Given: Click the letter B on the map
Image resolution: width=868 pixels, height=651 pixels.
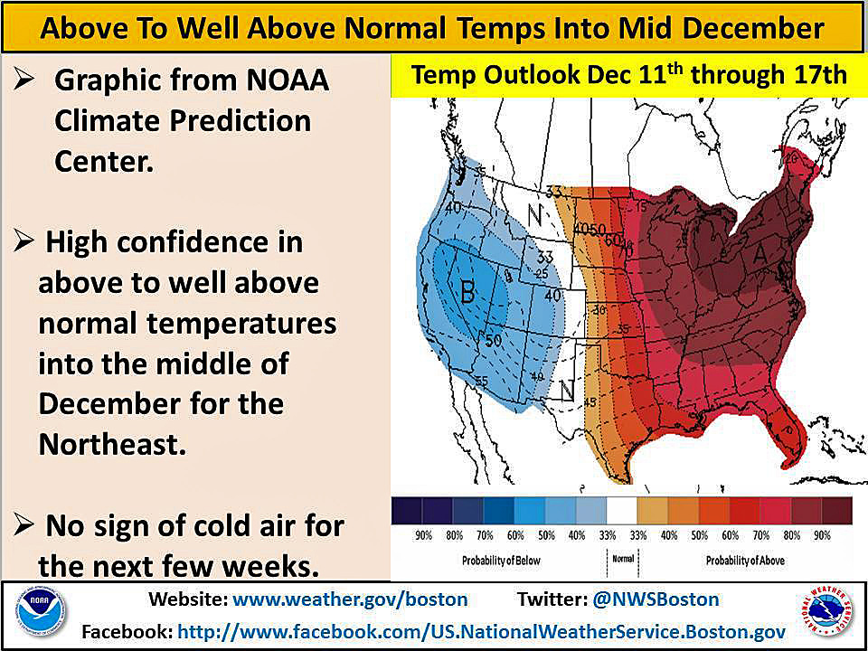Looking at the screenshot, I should point(467,292).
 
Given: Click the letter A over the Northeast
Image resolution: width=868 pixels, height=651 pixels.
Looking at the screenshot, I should point(759,258).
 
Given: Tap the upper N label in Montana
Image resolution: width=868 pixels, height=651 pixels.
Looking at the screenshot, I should point(536,216).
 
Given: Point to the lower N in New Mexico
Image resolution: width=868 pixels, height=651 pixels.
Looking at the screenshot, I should point(567,390).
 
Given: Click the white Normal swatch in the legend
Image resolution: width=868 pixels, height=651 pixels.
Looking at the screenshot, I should point(622,512).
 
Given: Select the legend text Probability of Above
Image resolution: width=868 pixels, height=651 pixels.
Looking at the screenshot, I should point(745,561).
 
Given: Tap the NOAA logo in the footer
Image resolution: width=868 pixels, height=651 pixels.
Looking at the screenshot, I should point(40,615).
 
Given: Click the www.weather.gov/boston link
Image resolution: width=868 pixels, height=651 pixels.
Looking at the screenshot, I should point(351,599).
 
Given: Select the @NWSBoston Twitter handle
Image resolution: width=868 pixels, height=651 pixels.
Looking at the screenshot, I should point(656,599).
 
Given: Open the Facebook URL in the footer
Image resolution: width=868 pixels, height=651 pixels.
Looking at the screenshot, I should point(481,630).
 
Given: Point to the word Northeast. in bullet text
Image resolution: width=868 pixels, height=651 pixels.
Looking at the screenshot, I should point(112,444).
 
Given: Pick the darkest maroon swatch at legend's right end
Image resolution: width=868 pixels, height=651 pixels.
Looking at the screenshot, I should point(836,512).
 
